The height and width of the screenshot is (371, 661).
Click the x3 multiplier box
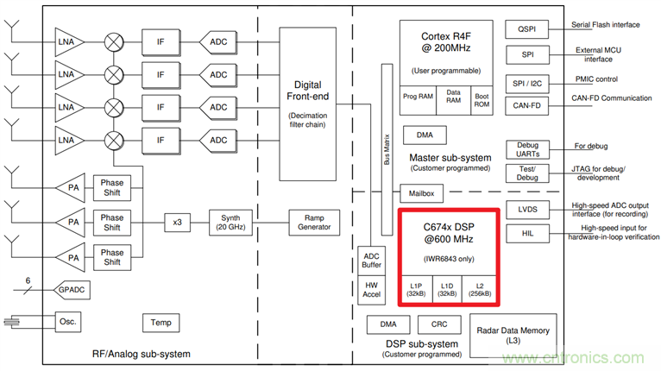(178, 222)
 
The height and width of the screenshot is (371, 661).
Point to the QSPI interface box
(526, 28)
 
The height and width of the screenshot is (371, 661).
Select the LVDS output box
(526, 210)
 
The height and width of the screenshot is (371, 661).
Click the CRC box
(432, 325)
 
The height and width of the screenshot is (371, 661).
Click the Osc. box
(67, 323)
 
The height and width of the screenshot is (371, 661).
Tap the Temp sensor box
(162, 323)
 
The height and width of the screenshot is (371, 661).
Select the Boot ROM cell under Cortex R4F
(481, 101)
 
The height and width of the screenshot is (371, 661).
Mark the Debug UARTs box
(526, 148)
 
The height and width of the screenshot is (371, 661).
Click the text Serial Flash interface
(606, 25)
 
